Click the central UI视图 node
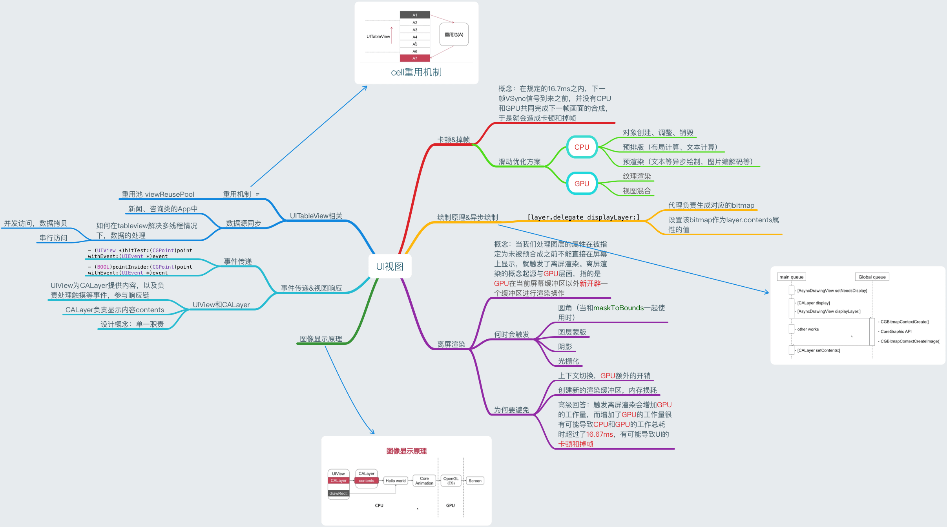coord(389,267)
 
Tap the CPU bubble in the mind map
coord(582,147)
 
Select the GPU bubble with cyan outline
coord(582,183)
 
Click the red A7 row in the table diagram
coord(414,59)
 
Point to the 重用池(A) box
coord(454,35)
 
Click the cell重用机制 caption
coord(416,72)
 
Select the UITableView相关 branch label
coord(316,216)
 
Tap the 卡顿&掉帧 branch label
coord(453,140)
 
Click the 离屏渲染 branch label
coord(451,344)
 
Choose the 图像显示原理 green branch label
coord(321,339)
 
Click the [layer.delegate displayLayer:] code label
coord(583,218)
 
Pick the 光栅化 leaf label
coord(568,361)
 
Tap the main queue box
coord(791,277)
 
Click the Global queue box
coord(872,277)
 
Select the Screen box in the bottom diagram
coord(475,481)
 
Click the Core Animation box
coord(424,481)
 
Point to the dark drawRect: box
coord(338,494)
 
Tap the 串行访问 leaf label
coord(53,238)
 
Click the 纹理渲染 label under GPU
coord(637,176)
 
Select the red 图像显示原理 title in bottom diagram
coord(406,451)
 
